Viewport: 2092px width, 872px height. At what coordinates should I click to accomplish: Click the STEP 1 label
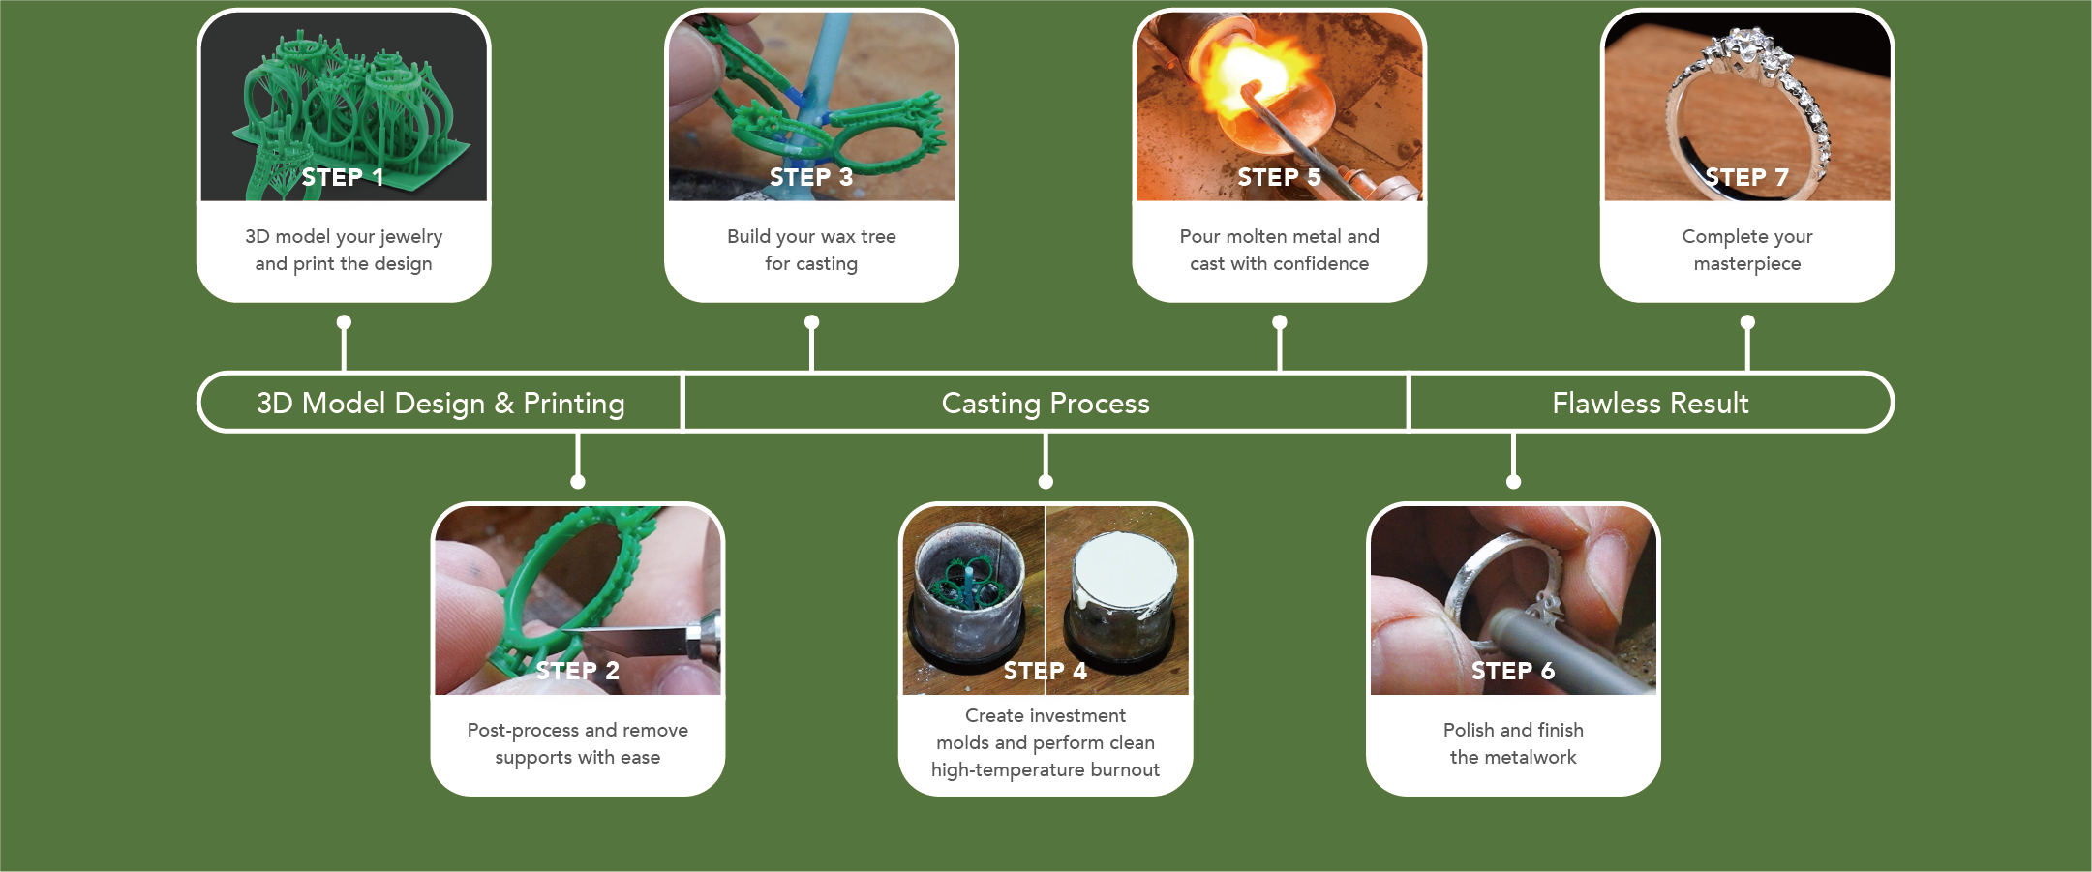point(343,177)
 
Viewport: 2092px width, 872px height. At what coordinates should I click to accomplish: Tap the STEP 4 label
point(1045,671)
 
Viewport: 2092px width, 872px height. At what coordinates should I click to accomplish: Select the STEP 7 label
point(1746,177)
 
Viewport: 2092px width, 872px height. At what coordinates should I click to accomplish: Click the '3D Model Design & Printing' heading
point(440,403)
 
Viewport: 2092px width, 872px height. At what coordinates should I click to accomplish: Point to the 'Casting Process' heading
point(1046,403)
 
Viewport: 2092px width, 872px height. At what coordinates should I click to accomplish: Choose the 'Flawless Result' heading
point(1650,403)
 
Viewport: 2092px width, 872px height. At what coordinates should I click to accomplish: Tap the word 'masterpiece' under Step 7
point(1746,264)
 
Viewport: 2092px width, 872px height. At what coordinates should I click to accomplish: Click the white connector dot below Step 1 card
point(344,322)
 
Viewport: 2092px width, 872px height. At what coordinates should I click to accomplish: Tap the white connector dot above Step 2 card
point(578,481)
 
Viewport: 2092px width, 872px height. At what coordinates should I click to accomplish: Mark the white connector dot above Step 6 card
point(1513,481)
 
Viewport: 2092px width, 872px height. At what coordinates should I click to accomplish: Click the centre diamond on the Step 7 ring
point(1748,44)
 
